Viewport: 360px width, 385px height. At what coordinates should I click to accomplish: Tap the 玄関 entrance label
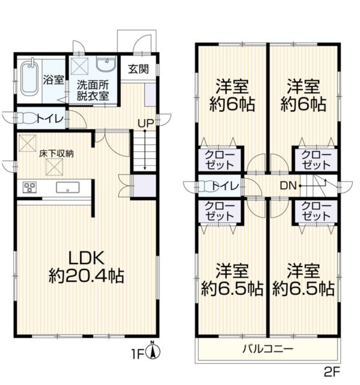click(138, 69)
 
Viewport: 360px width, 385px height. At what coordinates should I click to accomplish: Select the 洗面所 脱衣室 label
click(92, 90)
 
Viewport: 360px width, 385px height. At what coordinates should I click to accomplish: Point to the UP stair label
click(145, 123)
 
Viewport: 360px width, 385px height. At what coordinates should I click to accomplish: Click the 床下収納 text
click(56, 153)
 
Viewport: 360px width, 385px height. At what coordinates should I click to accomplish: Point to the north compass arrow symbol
click(153, 351)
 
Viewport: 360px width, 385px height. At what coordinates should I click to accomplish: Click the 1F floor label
click(140, 354)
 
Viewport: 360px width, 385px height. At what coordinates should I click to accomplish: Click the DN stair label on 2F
click(287, 186)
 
